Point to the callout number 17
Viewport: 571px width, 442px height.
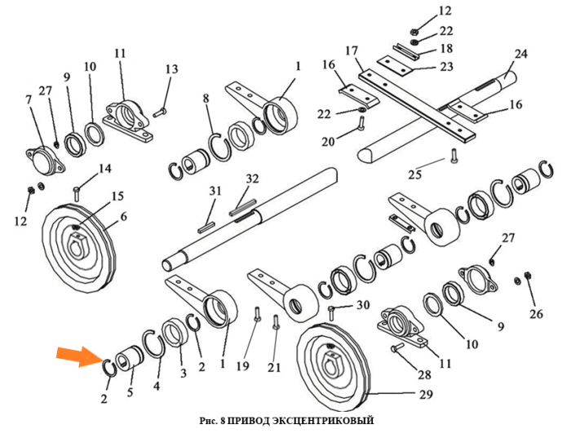coord(352,51)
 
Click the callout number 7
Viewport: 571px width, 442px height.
coord(29,99)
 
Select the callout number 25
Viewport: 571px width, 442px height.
coord(415,175)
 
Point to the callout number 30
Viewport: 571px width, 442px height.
coord(363,305)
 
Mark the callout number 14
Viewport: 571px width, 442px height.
coord(105,169)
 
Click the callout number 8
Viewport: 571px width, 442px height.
coord(207,99)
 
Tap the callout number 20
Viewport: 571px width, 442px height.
coord(328,142)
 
